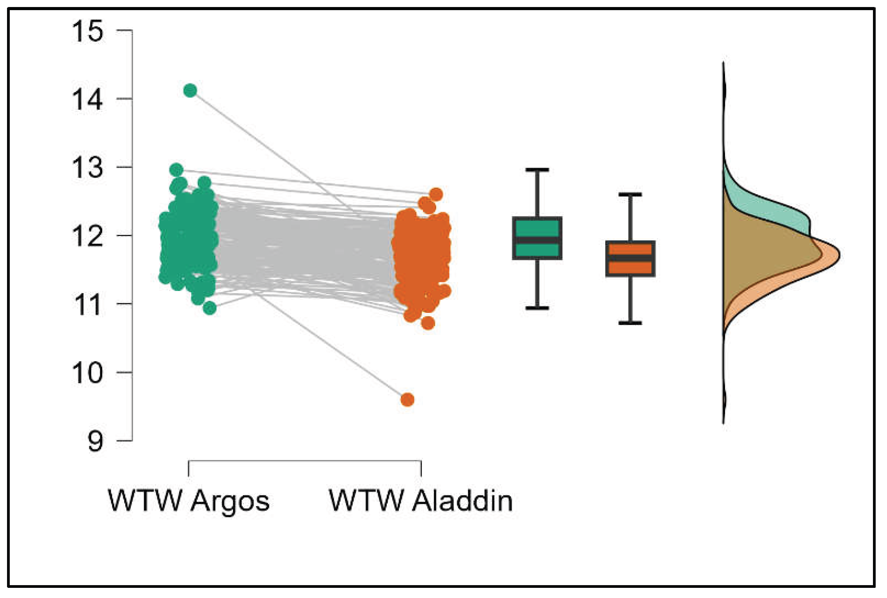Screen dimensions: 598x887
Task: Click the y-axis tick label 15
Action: pyautogui.click(x=87, y=31)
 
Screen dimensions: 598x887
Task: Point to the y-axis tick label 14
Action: pyautogui.click(x=87, y=99)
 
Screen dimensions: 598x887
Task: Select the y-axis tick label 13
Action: pyautogui.click(x=87, y=168)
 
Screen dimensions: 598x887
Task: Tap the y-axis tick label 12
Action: pyautogui.click(x=87, y=236)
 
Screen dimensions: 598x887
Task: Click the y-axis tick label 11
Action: pyautogui.click(x=87, y=305)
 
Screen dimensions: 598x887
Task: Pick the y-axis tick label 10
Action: pyautogui.click(x=87, y=373)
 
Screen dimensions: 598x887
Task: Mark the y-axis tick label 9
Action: pyautogui.click(x=95, y=442)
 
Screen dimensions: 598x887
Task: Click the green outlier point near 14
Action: pyautogui.click(x=190, y=91)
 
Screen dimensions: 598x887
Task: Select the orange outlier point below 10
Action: pyautogui.click(x=407, y=400)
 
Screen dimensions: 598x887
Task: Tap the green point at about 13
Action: pyautogui.click(x=176, y=170)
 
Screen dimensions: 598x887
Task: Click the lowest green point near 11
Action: pyautogui.click(x=210, y=308)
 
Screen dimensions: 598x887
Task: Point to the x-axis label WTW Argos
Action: pyautogui.click(x=188, y=500)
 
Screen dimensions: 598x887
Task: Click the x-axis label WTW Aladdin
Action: pyautogui.click(x=421, y=500)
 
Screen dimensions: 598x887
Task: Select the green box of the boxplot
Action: pyautogui.click(x=537, y=228)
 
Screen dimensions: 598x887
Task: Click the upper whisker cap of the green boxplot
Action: pyautogui.click(x=537, y=170)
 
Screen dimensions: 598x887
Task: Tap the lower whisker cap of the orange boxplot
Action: pyautogui.click(x=630, y=323)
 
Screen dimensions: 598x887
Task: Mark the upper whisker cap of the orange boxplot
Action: pyautogui.click(x=630, y=195)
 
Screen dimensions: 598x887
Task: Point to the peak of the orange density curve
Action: pyautogui.click(x=839, y=256)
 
